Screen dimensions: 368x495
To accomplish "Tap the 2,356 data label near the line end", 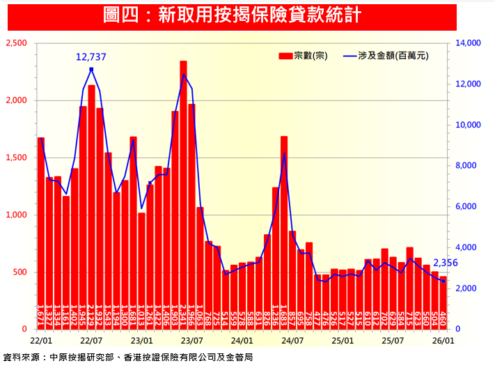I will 446,263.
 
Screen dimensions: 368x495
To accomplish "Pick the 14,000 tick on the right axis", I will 468,43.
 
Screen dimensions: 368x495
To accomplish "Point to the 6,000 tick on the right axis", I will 466,207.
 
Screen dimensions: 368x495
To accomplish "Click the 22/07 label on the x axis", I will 91,341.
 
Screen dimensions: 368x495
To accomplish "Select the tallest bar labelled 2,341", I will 183,195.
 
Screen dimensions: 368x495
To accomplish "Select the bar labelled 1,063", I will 200,268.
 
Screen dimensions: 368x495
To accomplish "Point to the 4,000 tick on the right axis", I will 466,247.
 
